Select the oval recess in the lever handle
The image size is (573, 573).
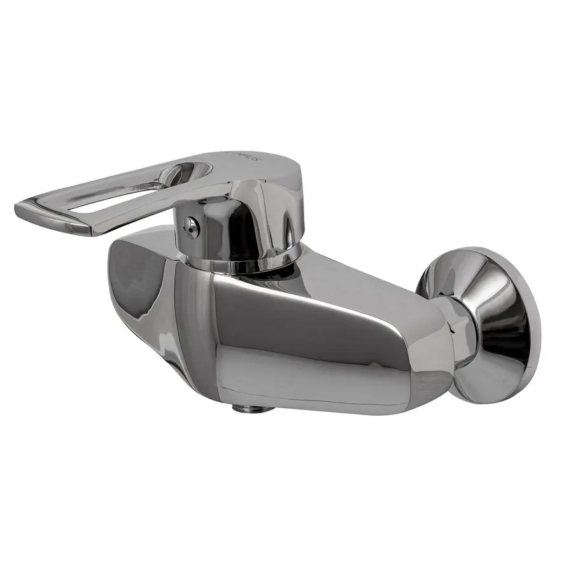(x=185, y=173)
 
